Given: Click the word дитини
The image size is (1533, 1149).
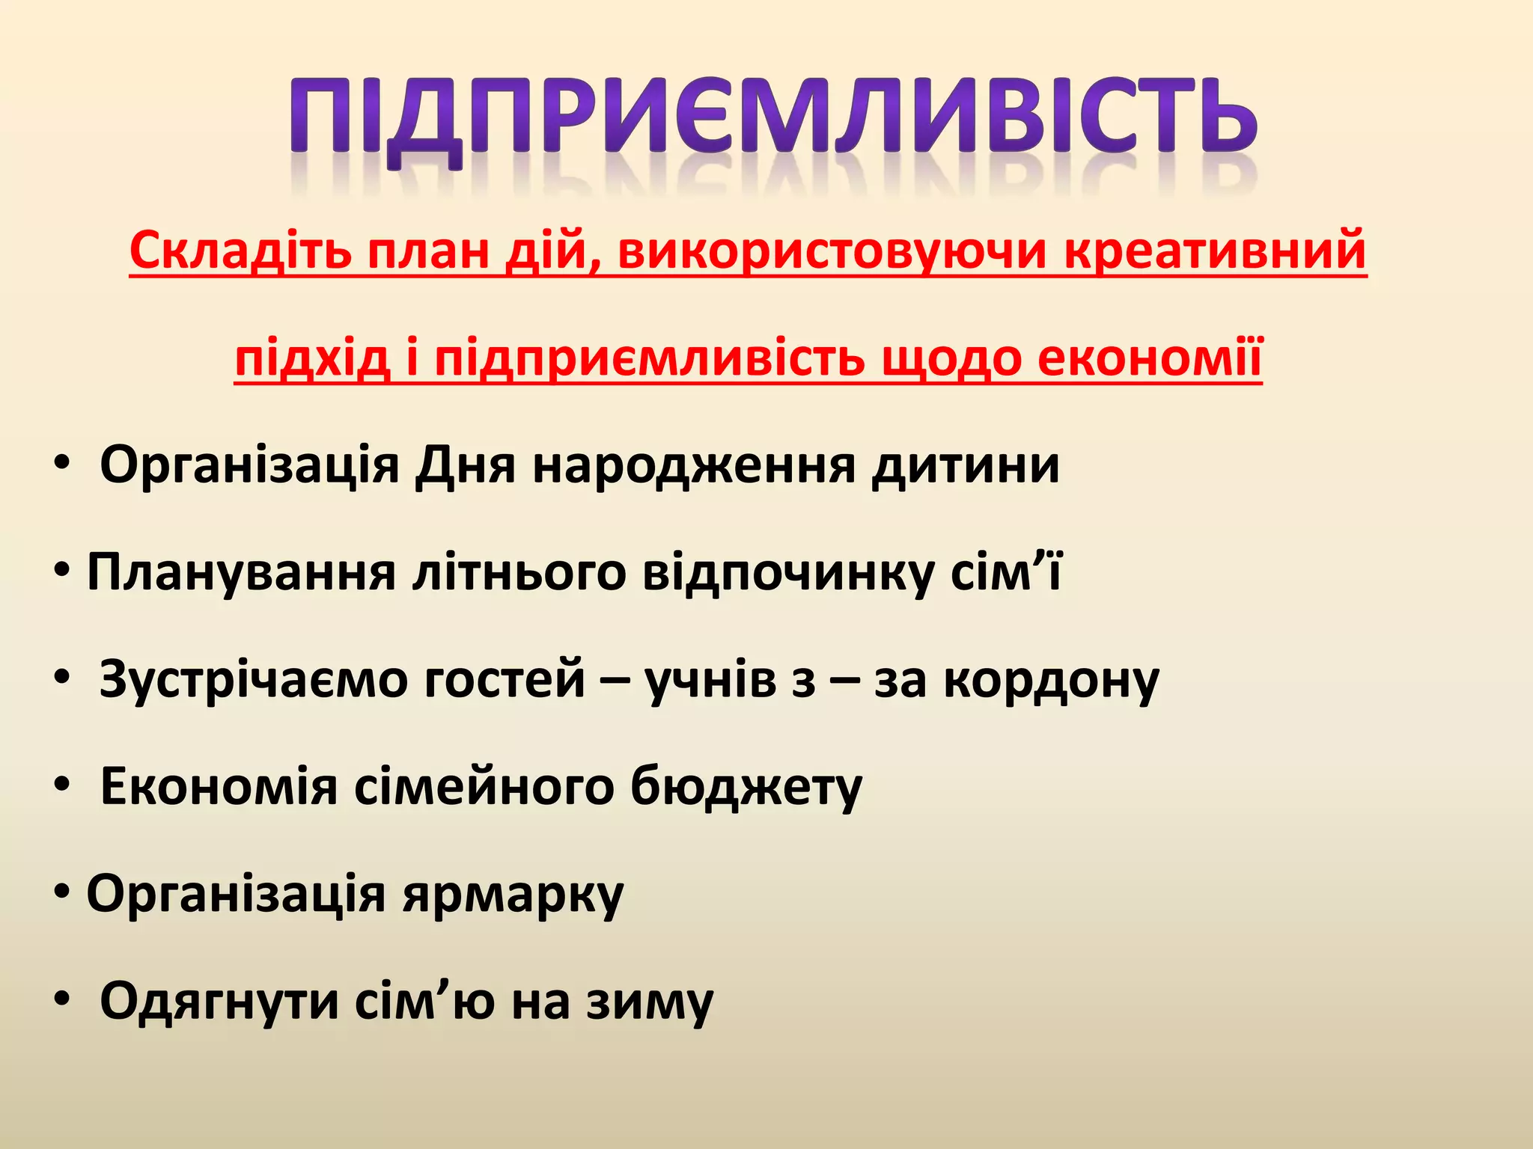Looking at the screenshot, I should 966,465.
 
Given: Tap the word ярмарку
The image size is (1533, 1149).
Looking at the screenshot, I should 513,895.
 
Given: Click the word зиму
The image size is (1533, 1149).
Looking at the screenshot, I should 650,1002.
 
